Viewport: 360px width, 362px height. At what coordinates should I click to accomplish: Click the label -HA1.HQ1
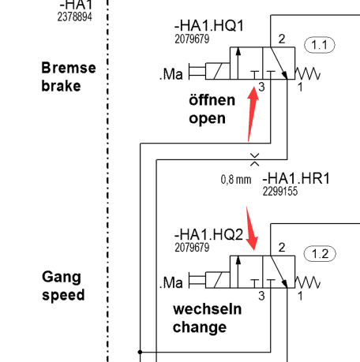click(209, 26)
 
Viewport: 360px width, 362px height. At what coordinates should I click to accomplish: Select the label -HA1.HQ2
click(208, 234)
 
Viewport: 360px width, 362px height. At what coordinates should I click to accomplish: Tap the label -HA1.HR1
click(296, 178)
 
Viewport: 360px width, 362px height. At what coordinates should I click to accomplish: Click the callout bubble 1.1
click(320, 45)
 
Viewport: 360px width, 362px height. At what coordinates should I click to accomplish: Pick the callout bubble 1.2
click(320, 254)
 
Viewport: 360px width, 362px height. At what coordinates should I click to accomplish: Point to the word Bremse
click(69, 68)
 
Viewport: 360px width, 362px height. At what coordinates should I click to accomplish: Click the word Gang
click(62, 277)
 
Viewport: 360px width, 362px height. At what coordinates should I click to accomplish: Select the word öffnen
click(212, 100)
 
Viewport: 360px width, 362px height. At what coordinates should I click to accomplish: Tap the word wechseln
click(208, 309)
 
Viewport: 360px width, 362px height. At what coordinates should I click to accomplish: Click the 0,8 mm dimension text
click(236, 180)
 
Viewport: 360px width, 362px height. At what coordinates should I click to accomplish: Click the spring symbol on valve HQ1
click(307, 73)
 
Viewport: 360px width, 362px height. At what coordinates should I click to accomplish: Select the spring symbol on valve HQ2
click(307, 282)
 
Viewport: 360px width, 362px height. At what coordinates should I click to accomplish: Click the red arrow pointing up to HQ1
click(252, 113)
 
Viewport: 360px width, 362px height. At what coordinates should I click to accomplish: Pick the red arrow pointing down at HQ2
click(251, 228)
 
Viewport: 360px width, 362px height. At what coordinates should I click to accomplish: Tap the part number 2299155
click(280, 192)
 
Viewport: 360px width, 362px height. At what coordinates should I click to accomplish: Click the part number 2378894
click(75, 17)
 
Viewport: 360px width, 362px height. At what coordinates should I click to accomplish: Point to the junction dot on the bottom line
click(140, 352)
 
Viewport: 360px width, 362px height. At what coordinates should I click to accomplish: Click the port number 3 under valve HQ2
click(261, 296)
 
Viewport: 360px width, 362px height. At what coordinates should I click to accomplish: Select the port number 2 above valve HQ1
click(282, 39)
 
